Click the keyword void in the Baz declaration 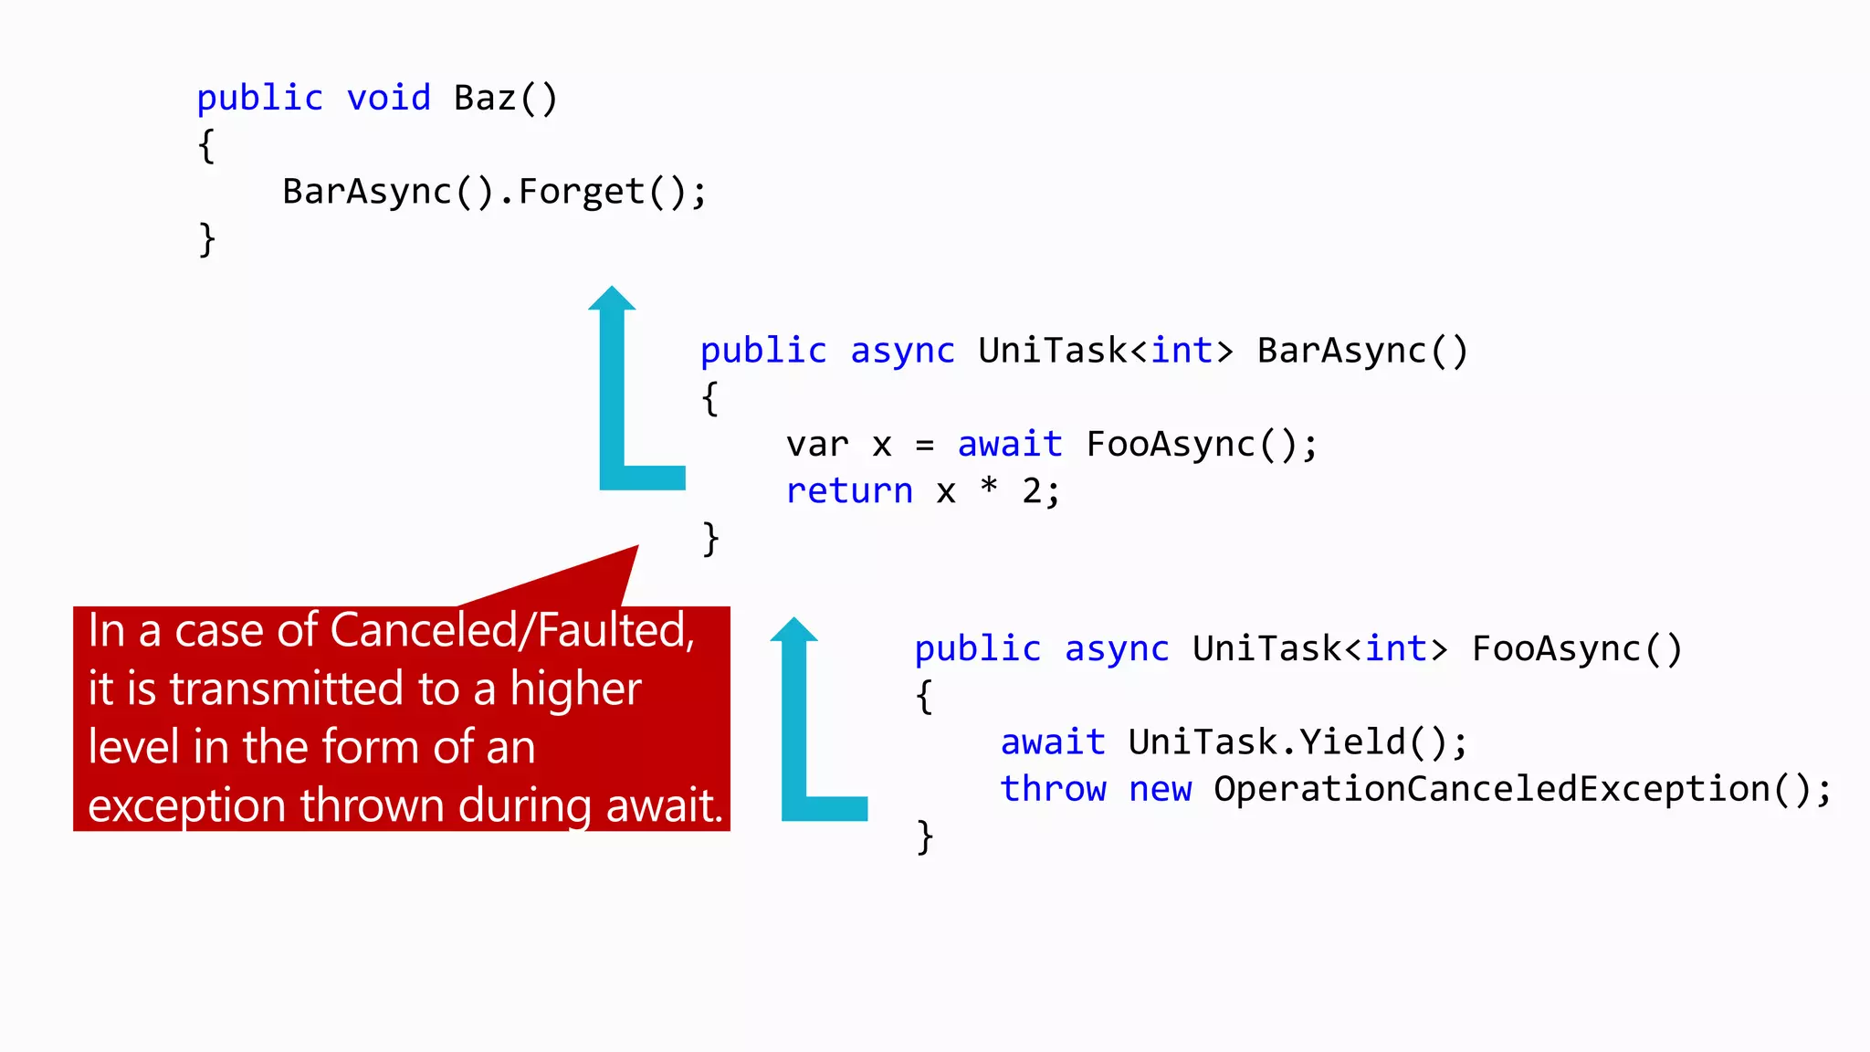(388, 98)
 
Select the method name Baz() (505, 98)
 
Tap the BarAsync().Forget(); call (494, 192)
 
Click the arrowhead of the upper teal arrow (612, 299)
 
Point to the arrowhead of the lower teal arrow (793, 629)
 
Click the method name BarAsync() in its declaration (1361, 351)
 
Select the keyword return (849, 491)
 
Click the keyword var (817, 445)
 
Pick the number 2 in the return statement (1032, 491)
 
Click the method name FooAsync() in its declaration (1576, 648)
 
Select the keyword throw (1053, 789)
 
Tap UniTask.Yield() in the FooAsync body (1287, 742)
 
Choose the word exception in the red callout (187, 805)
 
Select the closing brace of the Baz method (207, 239)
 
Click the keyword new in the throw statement (1160, 789)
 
